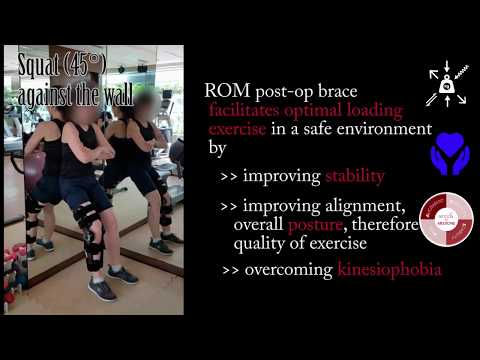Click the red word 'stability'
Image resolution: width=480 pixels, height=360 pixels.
pyautogui.click(x=354, y=177)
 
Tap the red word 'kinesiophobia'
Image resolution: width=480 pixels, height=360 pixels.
pyautogui.click(x=386, y=271)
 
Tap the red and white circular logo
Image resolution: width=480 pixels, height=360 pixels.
pyautogui.click(x=446, y=218)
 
